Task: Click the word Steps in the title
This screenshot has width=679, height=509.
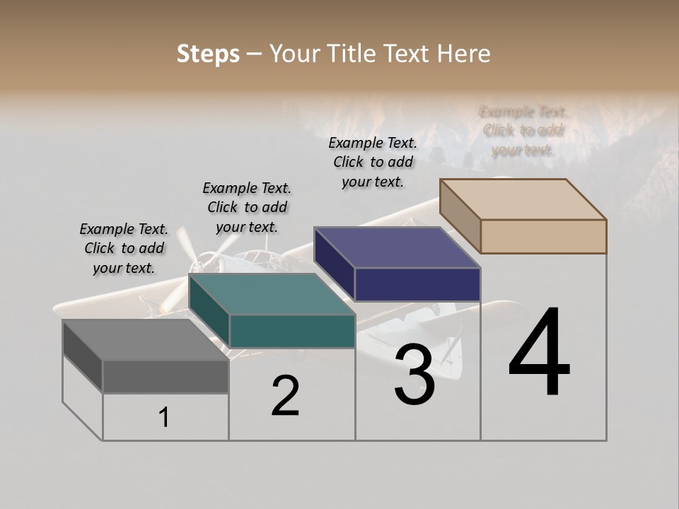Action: tap(208, 54)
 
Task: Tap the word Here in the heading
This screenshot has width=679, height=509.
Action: tap(463, 54)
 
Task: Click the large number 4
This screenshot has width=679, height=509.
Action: tap(539, 353)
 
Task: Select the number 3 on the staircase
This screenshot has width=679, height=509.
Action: tap(414, 375)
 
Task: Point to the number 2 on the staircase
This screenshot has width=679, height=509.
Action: tap(285, 396)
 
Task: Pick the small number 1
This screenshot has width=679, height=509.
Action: tap(164, 418)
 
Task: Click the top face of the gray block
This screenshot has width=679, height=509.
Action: tap(145, 340)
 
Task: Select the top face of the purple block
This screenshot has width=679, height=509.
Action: tap(397, 247)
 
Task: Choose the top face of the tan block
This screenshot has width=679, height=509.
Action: tap(523, 199)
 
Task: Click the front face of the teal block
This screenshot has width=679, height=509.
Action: tap(292, 331)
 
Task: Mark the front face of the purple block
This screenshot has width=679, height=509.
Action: tap(417, 284)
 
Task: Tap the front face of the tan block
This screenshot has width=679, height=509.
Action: tap(543, 236)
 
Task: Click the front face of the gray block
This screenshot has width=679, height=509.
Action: tap(166, 376)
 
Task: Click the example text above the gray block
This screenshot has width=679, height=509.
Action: tap(124, 249)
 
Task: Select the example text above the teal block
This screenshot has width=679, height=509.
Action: tap(247, 208)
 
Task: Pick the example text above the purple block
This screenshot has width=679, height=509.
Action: tap(373, 163)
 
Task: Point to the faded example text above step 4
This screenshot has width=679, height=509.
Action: tap(523, 131)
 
